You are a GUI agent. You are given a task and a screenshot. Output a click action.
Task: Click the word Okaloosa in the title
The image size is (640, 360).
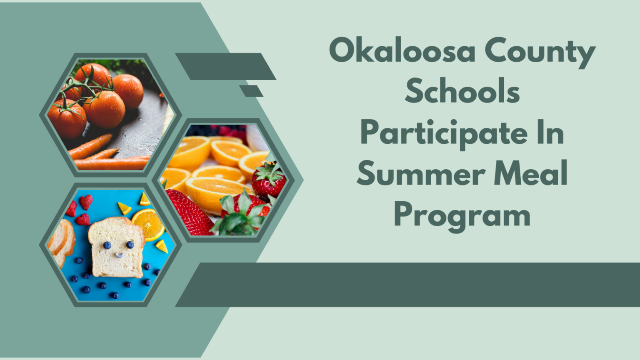pyautogui.click(x=402, y=51)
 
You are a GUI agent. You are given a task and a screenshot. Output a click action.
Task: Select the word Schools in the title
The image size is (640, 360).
pyautogui.click(x=462, y=92)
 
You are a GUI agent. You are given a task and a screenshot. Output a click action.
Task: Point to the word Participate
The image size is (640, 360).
pyautogui.click(x=443, y=134)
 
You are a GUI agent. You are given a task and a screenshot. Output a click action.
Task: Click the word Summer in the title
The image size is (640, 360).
pyautogui.click(x=421, y=174)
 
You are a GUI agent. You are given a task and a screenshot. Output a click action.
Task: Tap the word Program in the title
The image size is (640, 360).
pyautogui.click(x=462, y=216)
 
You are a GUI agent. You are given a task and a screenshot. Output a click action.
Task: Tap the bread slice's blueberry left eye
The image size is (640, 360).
pyautogui.click(x=107, y=245)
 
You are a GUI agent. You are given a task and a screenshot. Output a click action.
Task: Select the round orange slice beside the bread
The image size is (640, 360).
pyautogui.click(x=148, y=224)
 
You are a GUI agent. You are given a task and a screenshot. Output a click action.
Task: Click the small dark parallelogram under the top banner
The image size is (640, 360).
pyautogui.click(x=251, y=91)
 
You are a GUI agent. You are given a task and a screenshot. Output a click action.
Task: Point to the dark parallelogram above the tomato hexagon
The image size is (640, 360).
pyautogui.click(x=225, y=66)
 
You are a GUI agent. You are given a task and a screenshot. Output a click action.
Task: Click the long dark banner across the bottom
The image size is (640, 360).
pyautogui.click(x=408, y=285)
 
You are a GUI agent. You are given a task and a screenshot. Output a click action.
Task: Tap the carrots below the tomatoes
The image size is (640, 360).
pyautogui.click(x=104, y=156)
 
